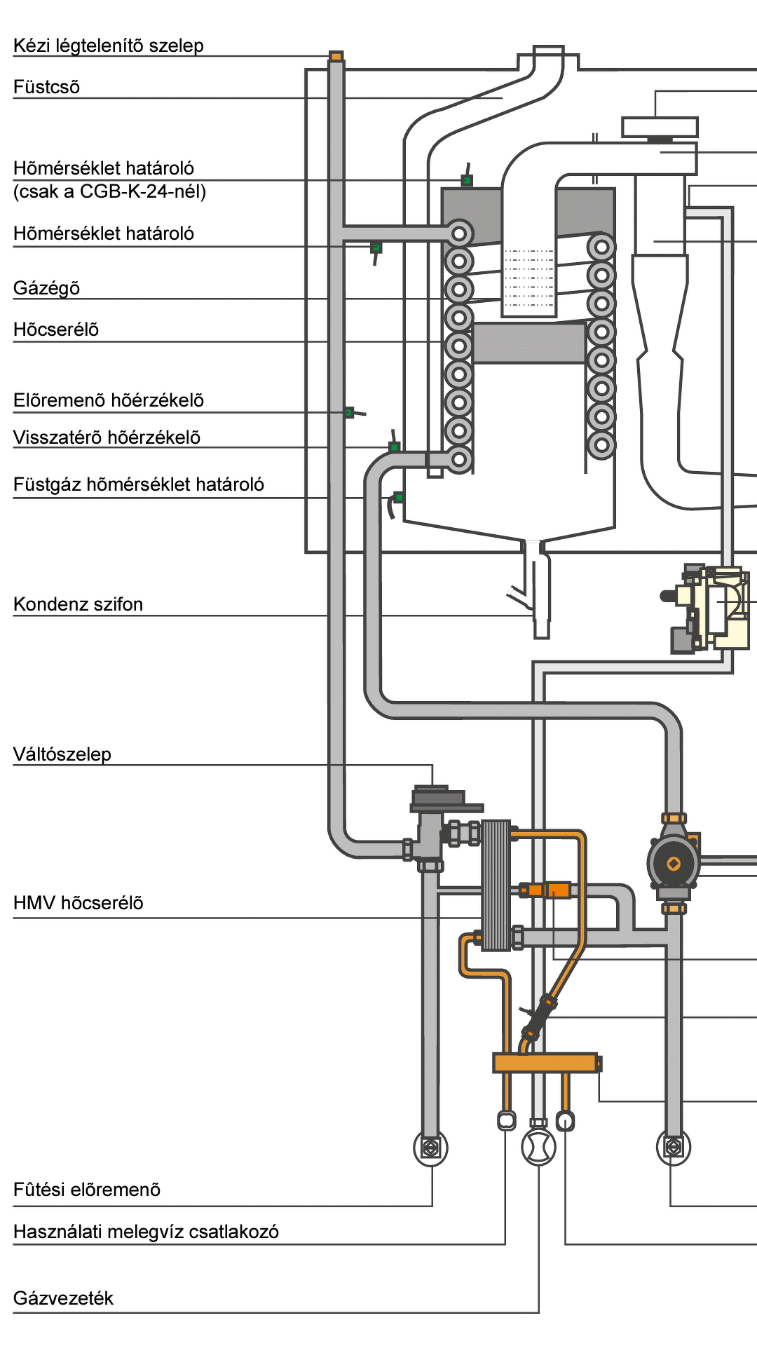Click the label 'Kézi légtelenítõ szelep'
tap(109, 46)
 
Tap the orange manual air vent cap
tap(336, 56)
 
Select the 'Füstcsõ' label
tap(47, 88)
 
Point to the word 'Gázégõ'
tap(47, 289)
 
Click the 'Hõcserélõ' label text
tap(56, 330)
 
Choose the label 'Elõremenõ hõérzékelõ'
tap(109, 401)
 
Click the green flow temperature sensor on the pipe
tap(349, 412)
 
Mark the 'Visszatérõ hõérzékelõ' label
tap(107, 438)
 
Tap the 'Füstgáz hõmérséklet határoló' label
tap(139, 485)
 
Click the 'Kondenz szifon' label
tap(79, 605)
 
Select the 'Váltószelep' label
tap(62, 755)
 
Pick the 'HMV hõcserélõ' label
tap(79, 904)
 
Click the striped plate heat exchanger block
tap(496, 885)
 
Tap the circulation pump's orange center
tap(673, 864)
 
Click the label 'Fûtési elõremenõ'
tap(87, 1190)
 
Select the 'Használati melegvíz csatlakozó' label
tap(146, 1232)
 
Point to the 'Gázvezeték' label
tap(64, 1299)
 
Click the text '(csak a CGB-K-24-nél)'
tap(110, 192)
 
